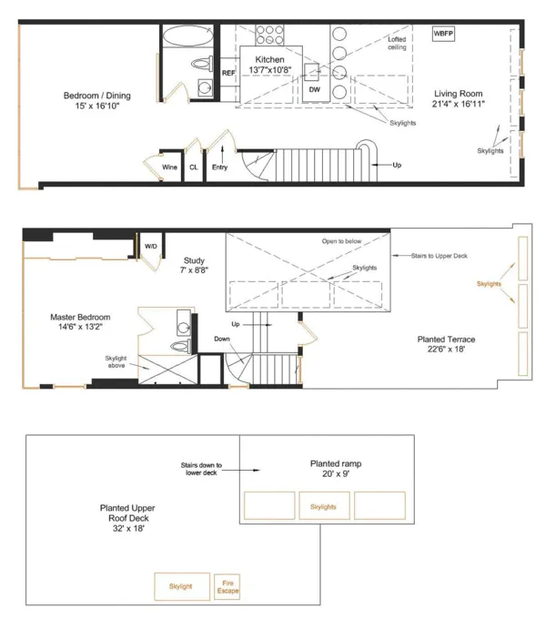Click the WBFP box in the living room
tap(443, 34)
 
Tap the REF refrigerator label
tap(228, 73)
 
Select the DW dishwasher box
tap(314, 89)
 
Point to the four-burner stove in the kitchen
tap(269, 35)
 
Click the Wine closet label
tap(169, 167)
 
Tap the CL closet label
tap(194, 167)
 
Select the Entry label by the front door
tap(220, 167)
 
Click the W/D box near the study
tap(151, 246)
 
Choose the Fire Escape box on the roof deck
tap(227, 587)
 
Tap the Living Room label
tap(458, 99)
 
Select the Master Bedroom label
tap(81, 323)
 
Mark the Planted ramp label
tap(336, 468)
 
